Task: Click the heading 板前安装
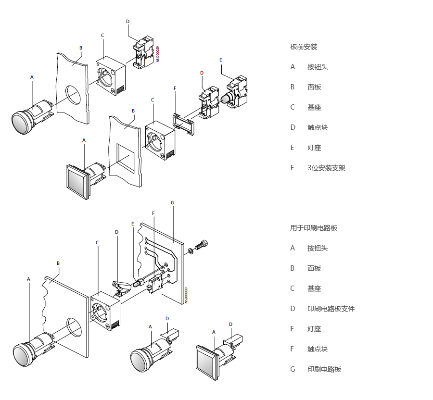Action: (304, 47)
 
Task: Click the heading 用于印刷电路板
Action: (314, 228)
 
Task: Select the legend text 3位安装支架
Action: (326, 168)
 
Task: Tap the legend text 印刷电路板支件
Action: (331, 309)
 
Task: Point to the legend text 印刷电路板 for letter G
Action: (324, 369)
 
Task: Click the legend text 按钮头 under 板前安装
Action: (318, 67)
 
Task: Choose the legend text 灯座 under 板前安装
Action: (314, 148)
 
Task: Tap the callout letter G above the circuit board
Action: (173, 203)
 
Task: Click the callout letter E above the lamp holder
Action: (221, 60)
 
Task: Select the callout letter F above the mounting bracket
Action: (175, 88)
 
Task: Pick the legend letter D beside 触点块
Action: (293, 127)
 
